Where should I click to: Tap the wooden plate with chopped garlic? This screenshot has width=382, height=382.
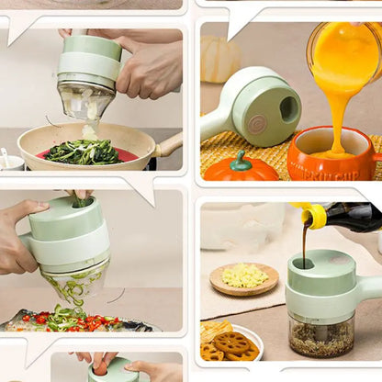click(243, 278)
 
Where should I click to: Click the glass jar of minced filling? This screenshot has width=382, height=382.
click(320, 336)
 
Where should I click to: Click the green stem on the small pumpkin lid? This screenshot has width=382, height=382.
click(242, 162)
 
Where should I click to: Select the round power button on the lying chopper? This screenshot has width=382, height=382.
click(254, 120)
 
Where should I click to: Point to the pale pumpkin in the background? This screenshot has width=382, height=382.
click(221, 60)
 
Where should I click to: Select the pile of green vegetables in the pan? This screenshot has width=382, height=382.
click(83, 152)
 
